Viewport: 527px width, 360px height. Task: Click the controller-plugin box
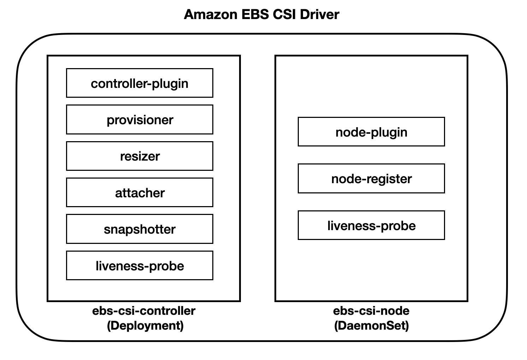click(x=140, y=83)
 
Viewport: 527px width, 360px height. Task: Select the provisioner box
click(x=140, y=119)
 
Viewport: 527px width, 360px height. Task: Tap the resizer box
click(x=140, y=156)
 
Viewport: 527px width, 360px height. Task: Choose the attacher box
click(x=140, y=192)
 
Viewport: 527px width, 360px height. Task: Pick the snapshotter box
click(x=140, y=229)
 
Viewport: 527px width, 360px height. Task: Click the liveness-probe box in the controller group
click(x=140, y=265)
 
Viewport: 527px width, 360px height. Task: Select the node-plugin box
click(x=371, y=132)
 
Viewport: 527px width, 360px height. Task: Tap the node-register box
click(x=371, y=179)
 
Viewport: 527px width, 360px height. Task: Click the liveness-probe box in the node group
click(x=371, y=225)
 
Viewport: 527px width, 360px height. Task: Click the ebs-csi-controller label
click(x=144, y=311)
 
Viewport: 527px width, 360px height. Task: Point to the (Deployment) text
click(x=145, y=326)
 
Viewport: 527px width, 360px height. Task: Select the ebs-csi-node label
click(x=371, y=311)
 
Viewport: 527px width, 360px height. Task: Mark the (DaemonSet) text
click(x=372, y=326)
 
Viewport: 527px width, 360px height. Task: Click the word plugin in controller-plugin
click(x=170, y=84)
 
